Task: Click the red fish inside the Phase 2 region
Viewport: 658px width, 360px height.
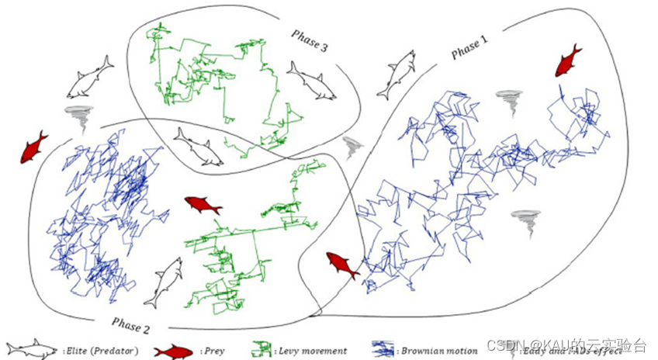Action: point(203,205)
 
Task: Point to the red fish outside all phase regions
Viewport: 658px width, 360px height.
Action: point(33,147)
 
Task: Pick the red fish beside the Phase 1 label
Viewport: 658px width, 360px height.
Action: point(568,60)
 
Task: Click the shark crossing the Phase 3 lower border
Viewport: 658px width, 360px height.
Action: point(199,147)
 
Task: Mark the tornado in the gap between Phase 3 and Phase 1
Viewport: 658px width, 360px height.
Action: point(352,146)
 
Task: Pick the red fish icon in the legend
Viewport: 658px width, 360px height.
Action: point(172,350)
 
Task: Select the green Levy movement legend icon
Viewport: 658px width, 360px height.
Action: point(263,349)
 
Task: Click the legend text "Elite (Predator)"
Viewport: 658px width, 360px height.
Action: point(91,351)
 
